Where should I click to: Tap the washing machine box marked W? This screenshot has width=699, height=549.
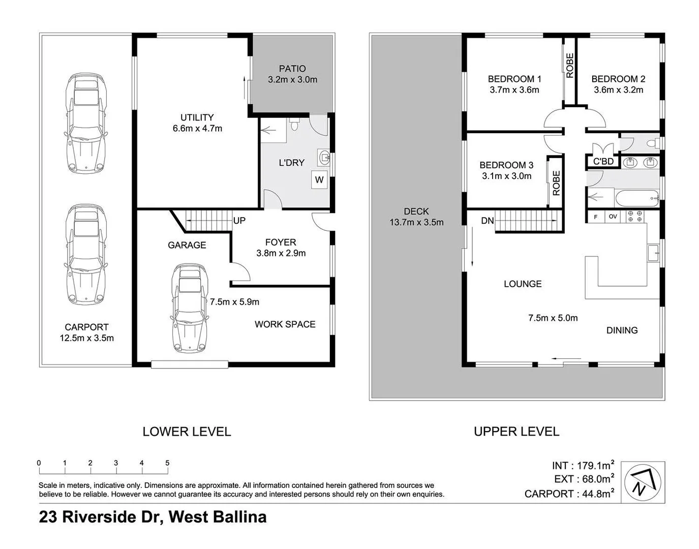pos(319,179)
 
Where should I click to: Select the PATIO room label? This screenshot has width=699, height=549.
pos(292,69)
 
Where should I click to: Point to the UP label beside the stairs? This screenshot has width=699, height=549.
pos(239,221)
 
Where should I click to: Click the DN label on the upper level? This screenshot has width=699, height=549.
pos(487,221)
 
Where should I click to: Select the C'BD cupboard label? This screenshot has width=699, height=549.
pos(603,162)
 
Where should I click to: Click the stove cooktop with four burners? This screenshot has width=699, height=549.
pos(634,216)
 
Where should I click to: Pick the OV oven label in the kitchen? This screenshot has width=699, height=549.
pos(613,217)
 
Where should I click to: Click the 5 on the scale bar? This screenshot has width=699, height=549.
pos(167,463)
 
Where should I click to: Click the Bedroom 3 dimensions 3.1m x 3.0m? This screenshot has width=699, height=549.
pos(506,176)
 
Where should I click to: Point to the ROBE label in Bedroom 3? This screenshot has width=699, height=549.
pos(556,183)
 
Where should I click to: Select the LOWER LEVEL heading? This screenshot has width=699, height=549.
pos(187,432)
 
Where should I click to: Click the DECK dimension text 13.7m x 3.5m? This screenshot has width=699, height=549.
pos(416,222)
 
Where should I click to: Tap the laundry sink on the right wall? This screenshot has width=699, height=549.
pos(323,158)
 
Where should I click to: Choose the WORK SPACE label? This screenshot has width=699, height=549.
pos(285,324)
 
